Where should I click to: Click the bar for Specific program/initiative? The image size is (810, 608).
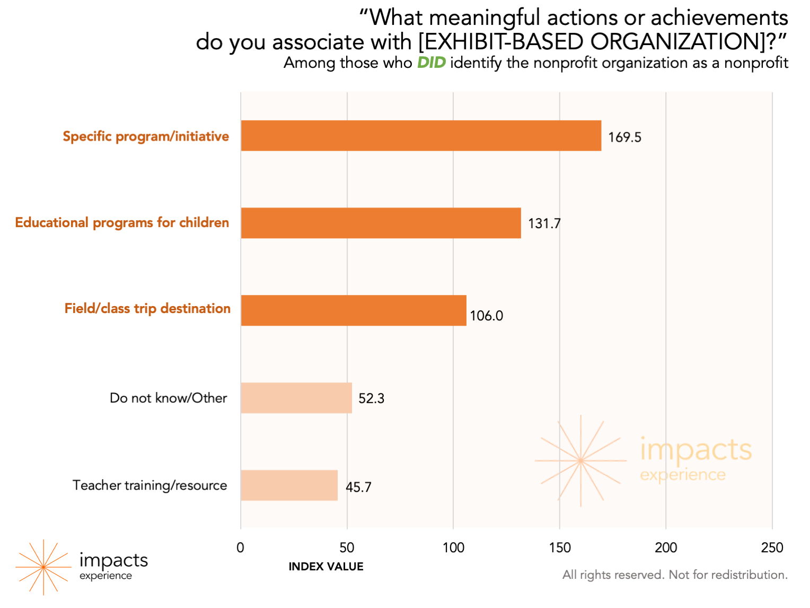(421, 136)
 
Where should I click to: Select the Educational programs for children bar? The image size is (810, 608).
(381, 223)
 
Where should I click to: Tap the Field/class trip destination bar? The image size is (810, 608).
(354, 310)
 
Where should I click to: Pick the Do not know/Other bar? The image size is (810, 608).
(296, 398)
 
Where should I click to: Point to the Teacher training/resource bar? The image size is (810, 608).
(289, 485)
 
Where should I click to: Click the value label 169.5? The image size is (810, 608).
(624, 137)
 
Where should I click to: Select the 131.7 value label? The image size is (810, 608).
(544, 223)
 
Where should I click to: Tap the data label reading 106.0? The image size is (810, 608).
(486, 316)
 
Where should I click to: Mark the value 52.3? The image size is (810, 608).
(371, 398)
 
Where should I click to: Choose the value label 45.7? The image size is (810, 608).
(358, 487)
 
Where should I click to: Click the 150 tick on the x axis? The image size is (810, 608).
(560, 548)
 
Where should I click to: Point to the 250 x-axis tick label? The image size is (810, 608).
(772, 548)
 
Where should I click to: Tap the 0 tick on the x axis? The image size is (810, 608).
(241, 548)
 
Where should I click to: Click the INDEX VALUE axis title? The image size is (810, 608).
(326, 567)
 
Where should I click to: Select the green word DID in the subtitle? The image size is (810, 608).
(431, 63)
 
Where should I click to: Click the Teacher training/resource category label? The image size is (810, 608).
(150, 485)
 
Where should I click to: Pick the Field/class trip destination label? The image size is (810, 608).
(147, 308)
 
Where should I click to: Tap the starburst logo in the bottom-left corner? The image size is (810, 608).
(43, 567)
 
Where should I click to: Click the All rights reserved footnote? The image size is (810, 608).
(675, 575)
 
